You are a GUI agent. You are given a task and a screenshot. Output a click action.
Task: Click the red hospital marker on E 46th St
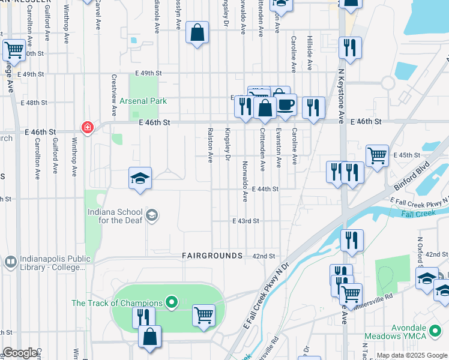coord(87,127)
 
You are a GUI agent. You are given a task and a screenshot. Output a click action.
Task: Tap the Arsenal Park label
coord(143,101)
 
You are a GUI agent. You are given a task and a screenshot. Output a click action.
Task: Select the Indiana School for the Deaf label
coord(115,216)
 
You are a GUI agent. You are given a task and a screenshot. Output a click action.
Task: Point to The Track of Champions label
coord(117,303)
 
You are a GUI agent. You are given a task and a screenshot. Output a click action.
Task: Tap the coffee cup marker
coord(285,104)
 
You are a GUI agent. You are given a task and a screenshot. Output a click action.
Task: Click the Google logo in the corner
coord(20,353)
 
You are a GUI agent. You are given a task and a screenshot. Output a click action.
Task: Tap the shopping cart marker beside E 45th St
coord(376,155)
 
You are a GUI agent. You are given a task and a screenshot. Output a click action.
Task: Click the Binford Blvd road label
coord(414,171)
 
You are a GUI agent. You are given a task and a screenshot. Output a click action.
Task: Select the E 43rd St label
coord(246,221)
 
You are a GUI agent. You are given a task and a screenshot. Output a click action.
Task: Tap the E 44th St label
coord(265,188)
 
